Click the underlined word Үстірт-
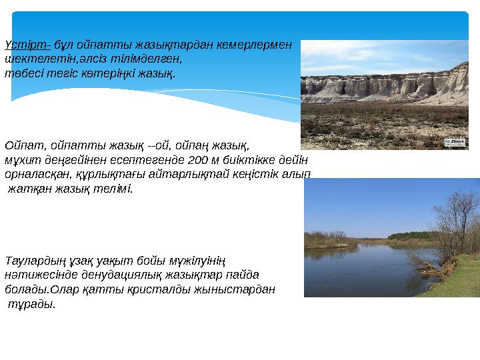pyautogui.click(x=27, y=45)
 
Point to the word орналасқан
pyautogui.click(x=34, y=174)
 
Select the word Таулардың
pyautogui.click(x=31, y=259)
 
